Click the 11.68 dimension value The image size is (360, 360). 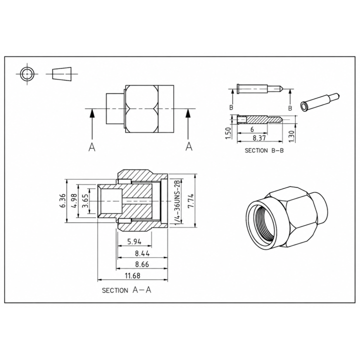pos(132,275)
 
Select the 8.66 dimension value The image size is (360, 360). pos(142,264)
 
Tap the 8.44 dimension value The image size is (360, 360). pos(142,253)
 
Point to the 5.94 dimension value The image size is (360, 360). pos(134,241)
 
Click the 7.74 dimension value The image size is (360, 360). pos(191,201)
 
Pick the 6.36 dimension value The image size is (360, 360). pos(62,200)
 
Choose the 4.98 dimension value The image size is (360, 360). pos(74,200)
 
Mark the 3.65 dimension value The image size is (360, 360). pos(85,200)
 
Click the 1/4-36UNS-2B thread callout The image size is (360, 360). pos(177,200)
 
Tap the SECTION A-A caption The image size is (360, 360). pos(126,290)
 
